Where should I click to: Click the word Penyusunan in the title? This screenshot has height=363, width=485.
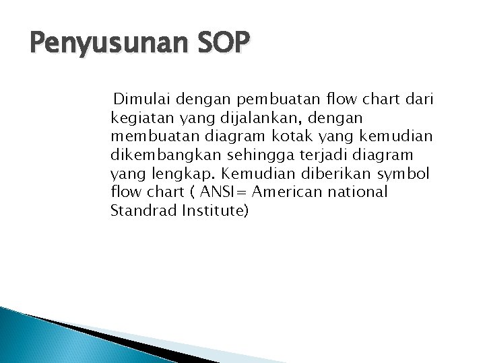click(x=98, y=48)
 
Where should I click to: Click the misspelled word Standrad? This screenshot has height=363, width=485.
click(x=139, y=211)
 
